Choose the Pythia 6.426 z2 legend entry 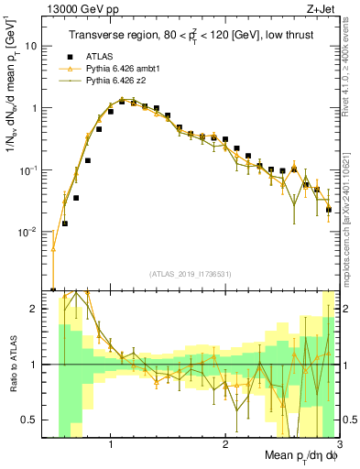(x=115, y=82)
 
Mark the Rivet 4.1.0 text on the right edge (x=350, y=82)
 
